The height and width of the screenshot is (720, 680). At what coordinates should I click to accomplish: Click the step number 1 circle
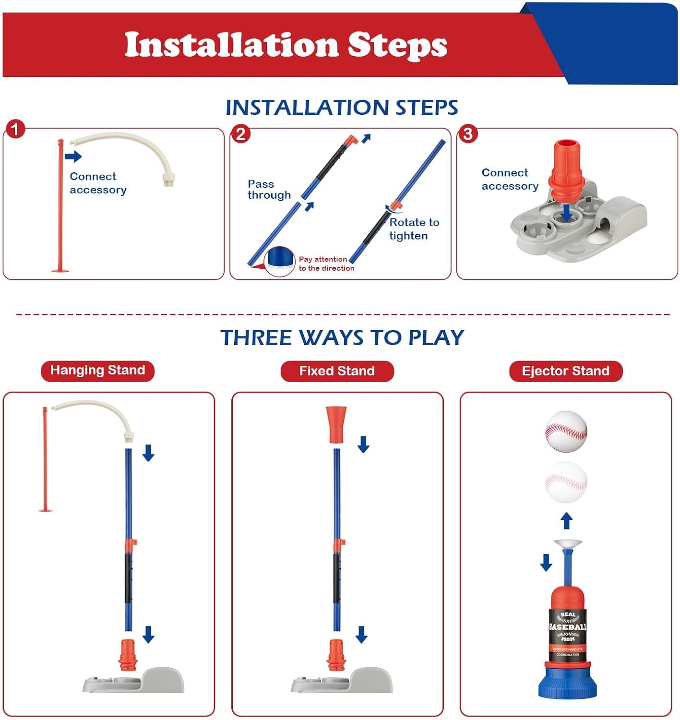(16, 129)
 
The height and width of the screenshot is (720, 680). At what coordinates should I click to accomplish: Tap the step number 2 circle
(241, 133)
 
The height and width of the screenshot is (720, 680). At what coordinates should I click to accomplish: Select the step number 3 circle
(468, 133)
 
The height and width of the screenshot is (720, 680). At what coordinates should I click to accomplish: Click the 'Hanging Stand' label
(97, 371)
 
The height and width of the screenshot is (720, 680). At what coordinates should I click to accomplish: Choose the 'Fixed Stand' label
(337, 371)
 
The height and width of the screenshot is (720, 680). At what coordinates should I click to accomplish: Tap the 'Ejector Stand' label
(565, 371)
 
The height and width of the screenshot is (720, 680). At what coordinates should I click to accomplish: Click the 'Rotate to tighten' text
(414, 229)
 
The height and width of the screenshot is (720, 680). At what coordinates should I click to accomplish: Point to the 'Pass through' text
(269, 190)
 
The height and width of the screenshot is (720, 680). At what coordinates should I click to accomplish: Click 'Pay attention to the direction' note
(326, 264)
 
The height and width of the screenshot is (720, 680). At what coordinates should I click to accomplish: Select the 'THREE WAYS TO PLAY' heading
(342, 338)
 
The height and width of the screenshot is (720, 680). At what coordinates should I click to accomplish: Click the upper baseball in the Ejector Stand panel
(566, 431)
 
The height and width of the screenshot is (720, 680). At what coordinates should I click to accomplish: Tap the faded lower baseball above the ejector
(566, 482)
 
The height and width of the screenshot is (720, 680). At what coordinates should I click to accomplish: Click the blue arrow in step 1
(73, 156)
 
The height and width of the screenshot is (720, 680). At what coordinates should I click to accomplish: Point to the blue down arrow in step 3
(567, 212)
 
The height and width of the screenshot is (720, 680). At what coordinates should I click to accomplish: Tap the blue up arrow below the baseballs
(567, 521)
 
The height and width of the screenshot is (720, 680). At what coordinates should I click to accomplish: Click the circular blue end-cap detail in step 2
(280, 260)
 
